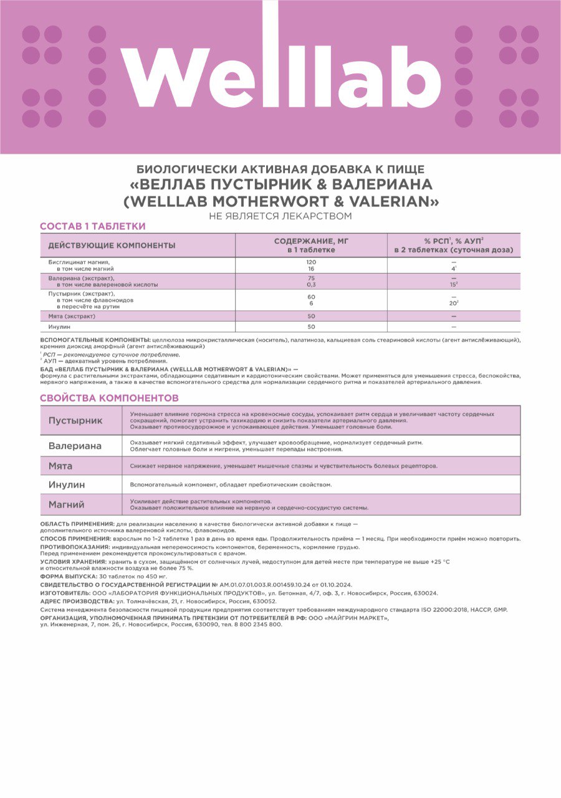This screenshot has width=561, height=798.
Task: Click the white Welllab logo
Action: [280, 77]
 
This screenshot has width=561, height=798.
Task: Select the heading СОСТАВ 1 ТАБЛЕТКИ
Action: [93, 226]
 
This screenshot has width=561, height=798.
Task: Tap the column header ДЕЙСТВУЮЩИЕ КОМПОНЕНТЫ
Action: [112, 246]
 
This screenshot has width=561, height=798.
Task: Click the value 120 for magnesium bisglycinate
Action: [311, 262]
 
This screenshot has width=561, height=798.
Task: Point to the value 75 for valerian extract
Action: [311, 277]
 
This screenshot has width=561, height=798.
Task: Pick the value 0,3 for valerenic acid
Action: [311, 284]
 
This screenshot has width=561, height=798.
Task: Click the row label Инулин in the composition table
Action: [59, 327]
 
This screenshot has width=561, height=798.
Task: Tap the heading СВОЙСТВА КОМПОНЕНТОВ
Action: [109, 398]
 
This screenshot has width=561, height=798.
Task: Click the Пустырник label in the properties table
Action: [75, 420]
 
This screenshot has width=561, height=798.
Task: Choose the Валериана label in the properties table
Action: [75, 446]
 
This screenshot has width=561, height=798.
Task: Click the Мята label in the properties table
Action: [60, 466]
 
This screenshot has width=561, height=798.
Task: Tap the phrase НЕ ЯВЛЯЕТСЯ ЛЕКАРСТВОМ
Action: [280, 216]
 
